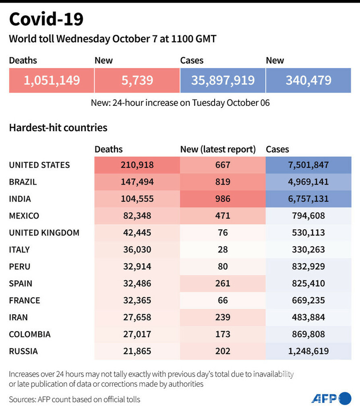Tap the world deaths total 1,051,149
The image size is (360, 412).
coord(52,80)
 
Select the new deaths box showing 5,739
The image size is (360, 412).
coord(137,80)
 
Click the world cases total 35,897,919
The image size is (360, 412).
coord(223,80)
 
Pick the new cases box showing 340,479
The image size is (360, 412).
coord(308,80)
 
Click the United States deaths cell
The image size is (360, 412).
coord(137,165)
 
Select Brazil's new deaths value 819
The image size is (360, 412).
coord(223,182)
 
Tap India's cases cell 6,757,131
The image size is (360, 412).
coord(308,199)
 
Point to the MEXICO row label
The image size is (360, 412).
coord(24,216)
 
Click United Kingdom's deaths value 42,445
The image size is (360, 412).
coord(137,233)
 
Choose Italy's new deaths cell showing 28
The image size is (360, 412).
coord(223,250)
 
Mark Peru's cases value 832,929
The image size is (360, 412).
coord(308,267)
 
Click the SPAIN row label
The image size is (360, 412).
coord(20,284)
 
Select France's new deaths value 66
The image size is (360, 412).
coord(223,300)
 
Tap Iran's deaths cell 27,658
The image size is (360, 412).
coord(137,317)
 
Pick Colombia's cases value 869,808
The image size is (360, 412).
coord(308,334)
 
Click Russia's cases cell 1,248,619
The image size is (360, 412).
coord(308,351)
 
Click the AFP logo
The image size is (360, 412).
coord(331,398)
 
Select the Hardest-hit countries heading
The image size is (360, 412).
coord(58,128)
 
